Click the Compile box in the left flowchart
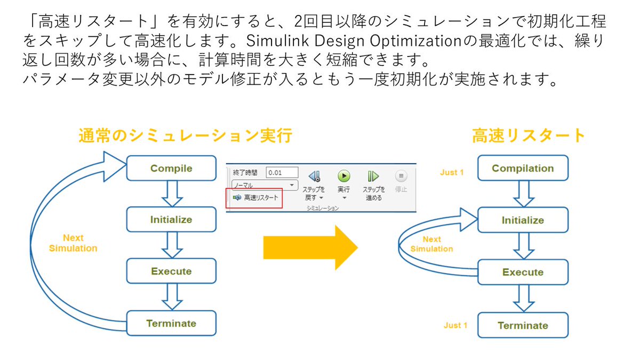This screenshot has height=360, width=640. click(x=171, y=169)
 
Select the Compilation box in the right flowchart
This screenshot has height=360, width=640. click(x=523, y=169)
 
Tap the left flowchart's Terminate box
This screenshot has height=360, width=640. click(x=171, y=323)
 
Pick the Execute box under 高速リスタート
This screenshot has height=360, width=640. click(x=523, y=272)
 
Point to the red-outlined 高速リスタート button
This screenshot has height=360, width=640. click(x=254, y=198)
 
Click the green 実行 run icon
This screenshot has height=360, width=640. click(x=343, y=176)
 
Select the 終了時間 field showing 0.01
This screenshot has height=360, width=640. click(x=282, y=173)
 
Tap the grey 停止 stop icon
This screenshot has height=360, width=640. click(x=401, y=176)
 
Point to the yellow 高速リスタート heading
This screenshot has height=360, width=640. click(x=529, y=136)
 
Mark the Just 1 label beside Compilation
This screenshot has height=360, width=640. click(x=452, y=172)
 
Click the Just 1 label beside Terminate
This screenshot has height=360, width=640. click(x=455, y=325)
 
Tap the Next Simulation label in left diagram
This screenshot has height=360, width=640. click(x=73, y=243)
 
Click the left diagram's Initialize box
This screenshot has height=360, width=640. click(x=171, y=219)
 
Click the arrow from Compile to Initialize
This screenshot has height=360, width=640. click(x=172, y=194)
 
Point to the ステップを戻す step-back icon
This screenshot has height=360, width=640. click(x=314, y=176)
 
